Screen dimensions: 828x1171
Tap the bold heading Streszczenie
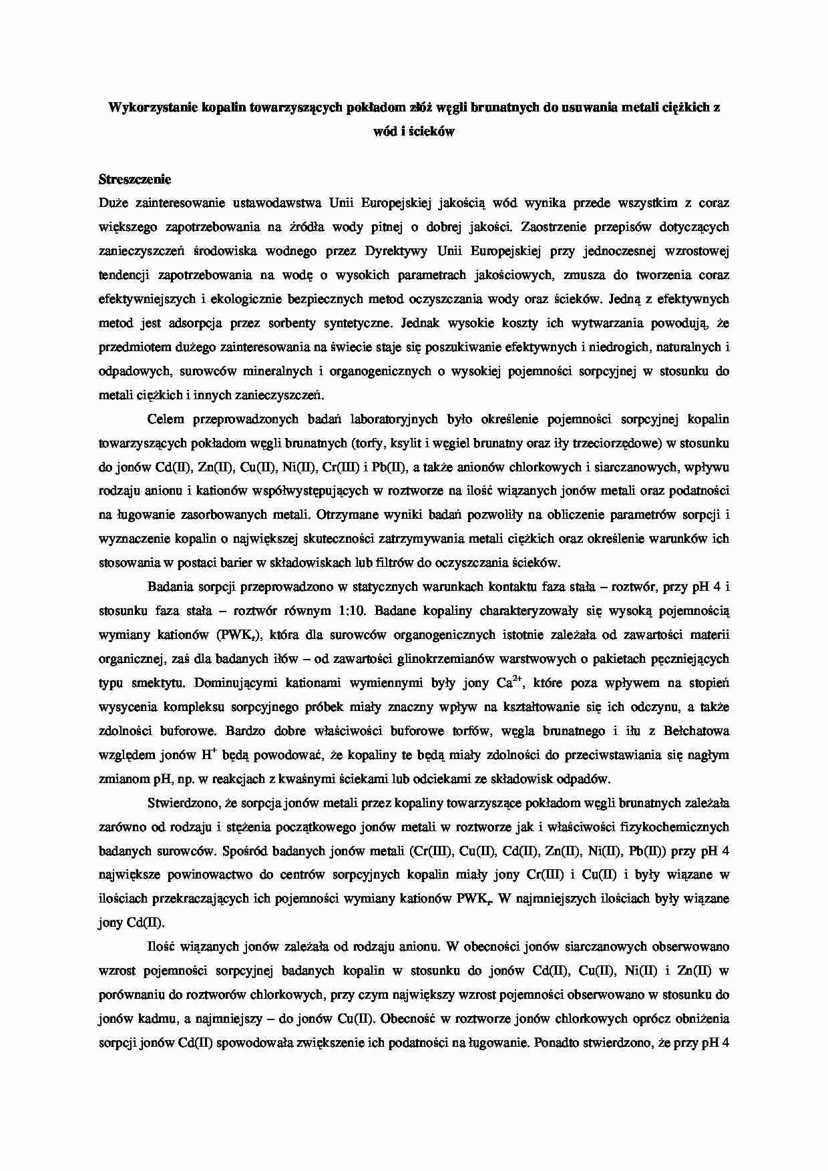[x=135, y=179]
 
